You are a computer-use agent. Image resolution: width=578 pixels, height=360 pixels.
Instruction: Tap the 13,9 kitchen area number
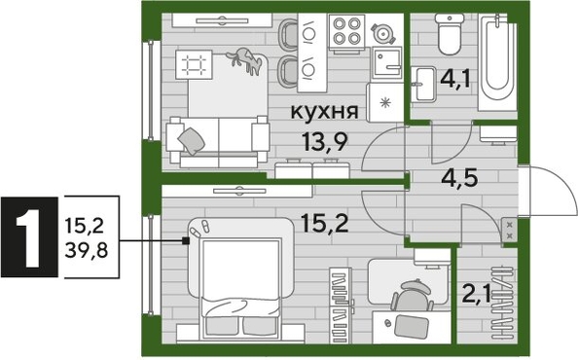coord(326,144)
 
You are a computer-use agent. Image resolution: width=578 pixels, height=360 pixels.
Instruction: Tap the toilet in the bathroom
coord(450,37)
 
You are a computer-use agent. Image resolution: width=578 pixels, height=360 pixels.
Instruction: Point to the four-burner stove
coord(345,35)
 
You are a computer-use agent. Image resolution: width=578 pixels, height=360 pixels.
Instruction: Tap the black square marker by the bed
coord(187,241)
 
